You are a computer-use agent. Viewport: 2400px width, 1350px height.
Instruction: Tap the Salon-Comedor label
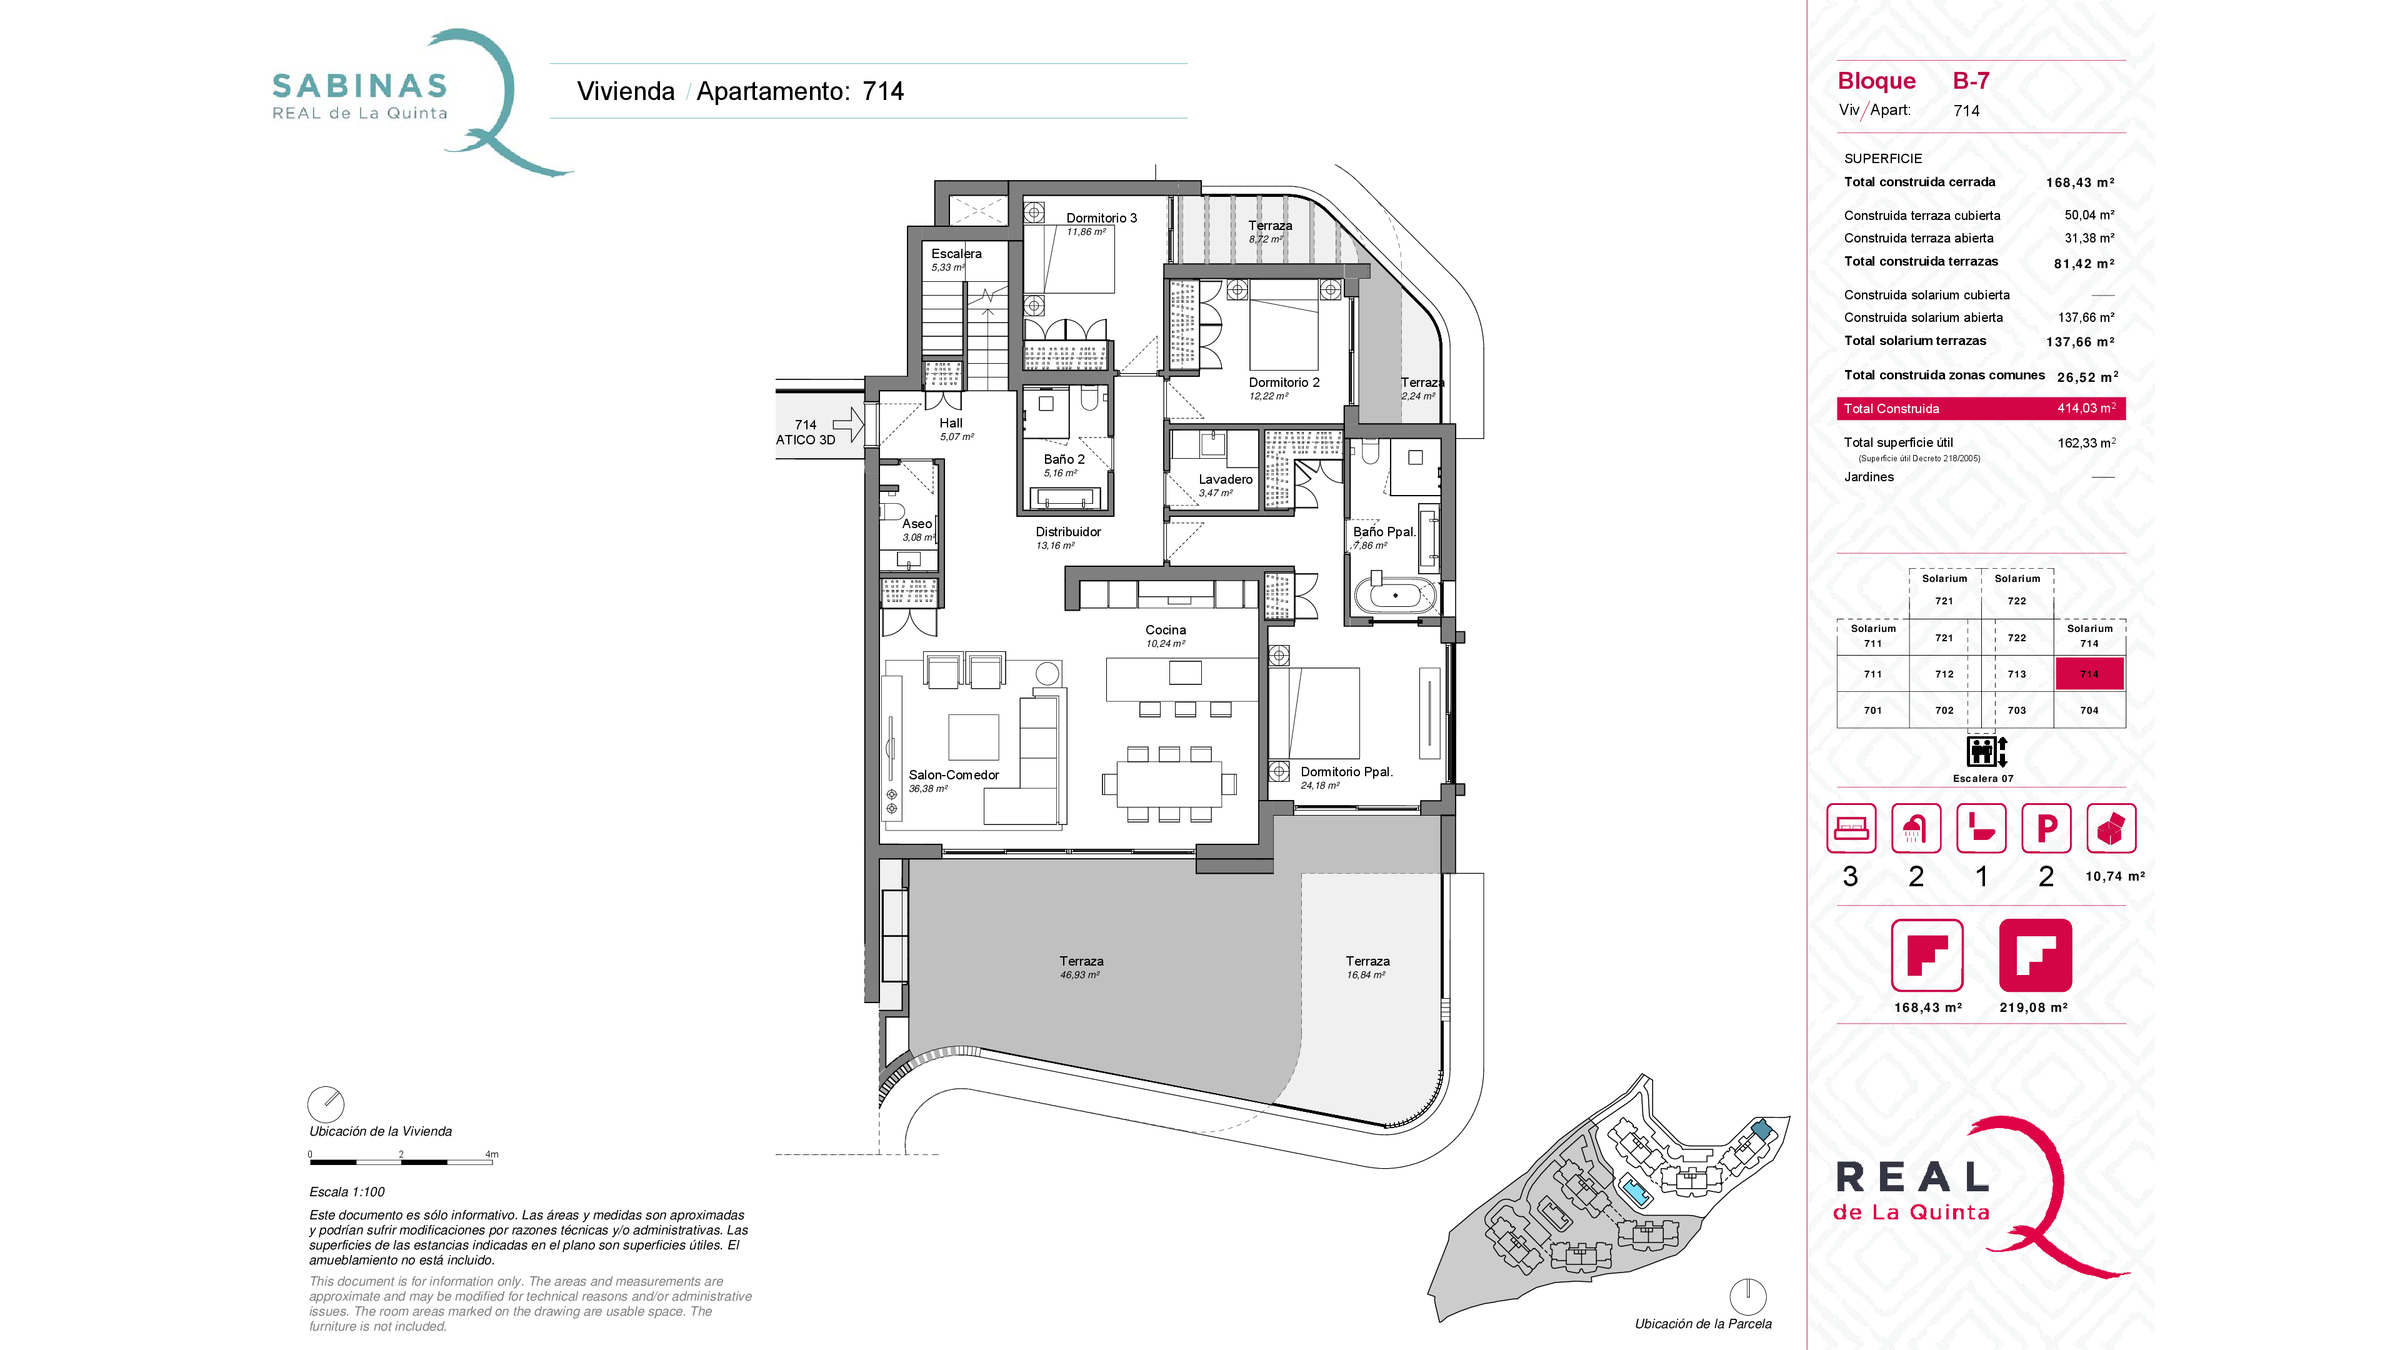click(953, 775)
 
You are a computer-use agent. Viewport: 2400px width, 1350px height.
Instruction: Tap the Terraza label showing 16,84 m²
click(1367, 961)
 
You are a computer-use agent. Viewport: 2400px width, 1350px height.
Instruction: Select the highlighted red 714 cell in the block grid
click(2089, 674)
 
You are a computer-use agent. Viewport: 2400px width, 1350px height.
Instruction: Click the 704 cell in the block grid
click(2089, 710)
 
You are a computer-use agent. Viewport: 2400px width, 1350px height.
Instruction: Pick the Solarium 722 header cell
click(2016, 589)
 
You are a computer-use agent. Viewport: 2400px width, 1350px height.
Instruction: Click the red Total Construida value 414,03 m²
click(2085, 408)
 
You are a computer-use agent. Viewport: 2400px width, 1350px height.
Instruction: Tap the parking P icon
click(2046, 828)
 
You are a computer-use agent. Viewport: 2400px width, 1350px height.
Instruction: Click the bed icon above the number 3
click(1850, 828)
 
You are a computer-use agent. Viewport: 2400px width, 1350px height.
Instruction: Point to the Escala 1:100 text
click(347, 1192)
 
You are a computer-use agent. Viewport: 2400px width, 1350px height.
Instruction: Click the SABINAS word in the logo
click(359, 86)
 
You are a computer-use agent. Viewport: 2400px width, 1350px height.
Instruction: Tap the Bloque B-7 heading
click(1912, 81)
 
